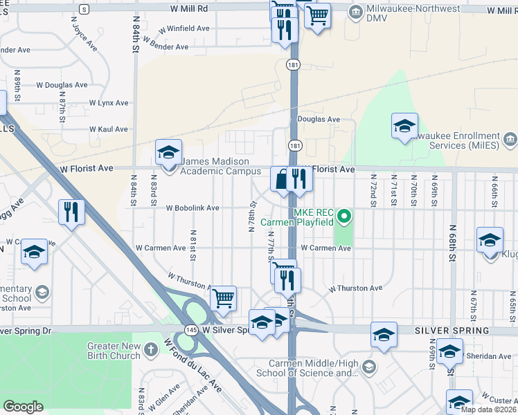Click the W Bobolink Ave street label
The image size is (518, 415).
[192, 207]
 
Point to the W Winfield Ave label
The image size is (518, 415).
[184, 30]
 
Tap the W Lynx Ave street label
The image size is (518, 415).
[109, 102]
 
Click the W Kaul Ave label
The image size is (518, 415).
[109, 129]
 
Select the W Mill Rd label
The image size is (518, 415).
[188, 9]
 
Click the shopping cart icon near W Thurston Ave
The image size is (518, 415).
[223, 298]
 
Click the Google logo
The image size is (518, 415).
[24, 407]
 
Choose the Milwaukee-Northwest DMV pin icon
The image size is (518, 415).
[356, 11]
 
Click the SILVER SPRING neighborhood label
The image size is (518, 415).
[452, 331]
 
